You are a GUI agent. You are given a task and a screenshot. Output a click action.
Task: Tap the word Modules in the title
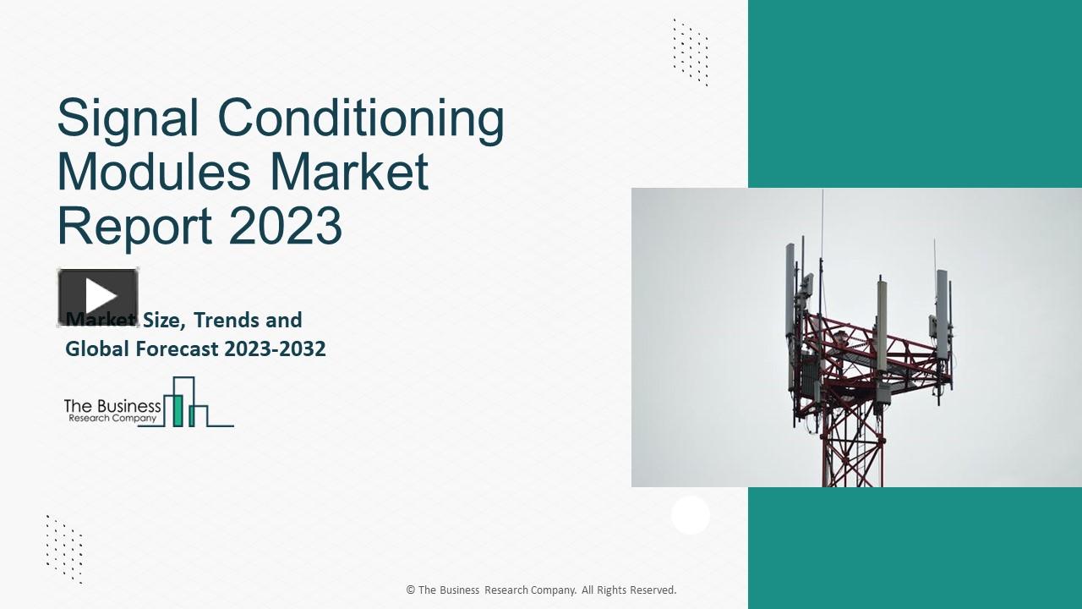[154, 173]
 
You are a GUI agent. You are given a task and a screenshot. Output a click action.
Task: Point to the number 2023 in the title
[285, 226]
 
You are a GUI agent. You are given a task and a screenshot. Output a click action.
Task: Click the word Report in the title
[135, 226]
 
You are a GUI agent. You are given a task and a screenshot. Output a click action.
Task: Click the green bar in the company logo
[178, 409]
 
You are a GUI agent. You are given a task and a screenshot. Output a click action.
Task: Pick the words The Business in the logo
[112, 407]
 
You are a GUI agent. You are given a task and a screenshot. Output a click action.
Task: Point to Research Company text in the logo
[112, 419]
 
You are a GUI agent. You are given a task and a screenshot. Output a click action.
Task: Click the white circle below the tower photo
[691, 514]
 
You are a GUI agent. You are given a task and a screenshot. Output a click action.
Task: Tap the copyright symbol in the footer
[411, 590]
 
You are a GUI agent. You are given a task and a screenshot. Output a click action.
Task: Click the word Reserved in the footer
[653, 590]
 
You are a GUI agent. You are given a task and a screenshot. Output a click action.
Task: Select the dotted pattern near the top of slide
[691, 52]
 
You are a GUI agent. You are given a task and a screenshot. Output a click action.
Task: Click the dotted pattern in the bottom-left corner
[64, 548]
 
